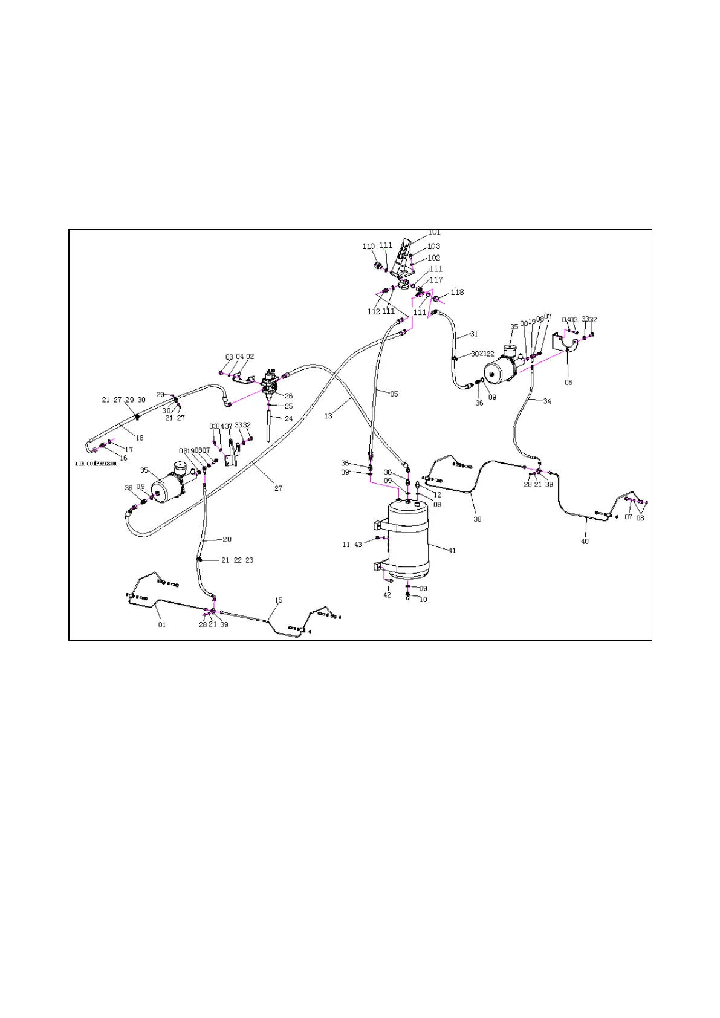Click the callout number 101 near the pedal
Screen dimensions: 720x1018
pos(434,233)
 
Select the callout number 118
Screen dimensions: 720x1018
pos(457,293)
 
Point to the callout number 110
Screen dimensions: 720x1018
pos(368,247)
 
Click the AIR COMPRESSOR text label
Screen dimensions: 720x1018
pos(96,464)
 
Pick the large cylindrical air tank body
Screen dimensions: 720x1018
pos(408,538)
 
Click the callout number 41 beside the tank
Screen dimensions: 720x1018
pos(452,551)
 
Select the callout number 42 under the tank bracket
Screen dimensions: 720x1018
pos(387,595)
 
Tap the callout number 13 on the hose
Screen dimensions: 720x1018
pos(328,416)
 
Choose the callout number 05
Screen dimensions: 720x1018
pos(394,394)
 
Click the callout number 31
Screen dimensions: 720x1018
pos(474,334)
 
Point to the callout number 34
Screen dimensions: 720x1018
pos(547,401)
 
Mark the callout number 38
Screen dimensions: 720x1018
pos(477,519)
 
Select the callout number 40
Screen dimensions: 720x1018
pos(585,542)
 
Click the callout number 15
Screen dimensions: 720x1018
pos(279,601)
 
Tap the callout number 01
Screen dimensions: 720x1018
pos(162,625)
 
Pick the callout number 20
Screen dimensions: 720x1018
pos(227,540)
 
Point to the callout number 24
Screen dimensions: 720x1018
pos(288,418)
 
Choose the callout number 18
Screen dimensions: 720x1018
pos(140,438)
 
